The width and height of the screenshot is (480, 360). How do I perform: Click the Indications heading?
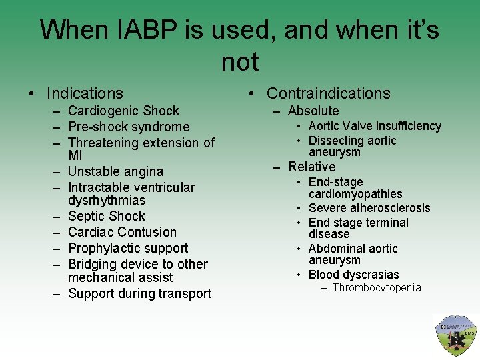(x=85, y=93)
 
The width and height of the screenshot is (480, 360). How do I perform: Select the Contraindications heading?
(x=328, y=93)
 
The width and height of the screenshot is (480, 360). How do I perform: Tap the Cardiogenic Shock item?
(x=123, y=111)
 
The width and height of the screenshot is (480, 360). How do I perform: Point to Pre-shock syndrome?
(x=129, y=127)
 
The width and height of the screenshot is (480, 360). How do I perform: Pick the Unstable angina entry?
(x=115, y=171)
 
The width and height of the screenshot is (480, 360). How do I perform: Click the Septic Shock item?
(x=107, y=216)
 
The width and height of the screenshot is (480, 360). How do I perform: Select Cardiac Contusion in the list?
(x=122, y=232)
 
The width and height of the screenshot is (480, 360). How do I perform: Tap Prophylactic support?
(x=128, y=248)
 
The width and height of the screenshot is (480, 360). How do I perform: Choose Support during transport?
(x=139, y=293)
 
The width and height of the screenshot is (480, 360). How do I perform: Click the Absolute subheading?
(x=313, y=111)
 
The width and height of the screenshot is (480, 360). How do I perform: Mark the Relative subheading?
(x=312, y=167)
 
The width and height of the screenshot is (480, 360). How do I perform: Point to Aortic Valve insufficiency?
(x=375, y=126)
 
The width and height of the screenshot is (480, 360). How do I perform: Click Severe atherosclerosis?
(x=369, y=208)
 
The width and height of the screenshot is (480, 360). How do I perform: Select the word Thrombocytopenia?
(x=377, y=287)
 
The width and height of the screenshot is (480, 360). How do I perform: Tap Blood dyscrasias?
(x=353, y=275)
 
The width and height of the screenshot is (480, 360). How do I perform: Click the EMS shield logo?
(x=455, y=335)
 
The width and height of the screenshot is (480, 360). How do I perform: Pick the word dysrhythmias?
(x=107, y=200)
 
